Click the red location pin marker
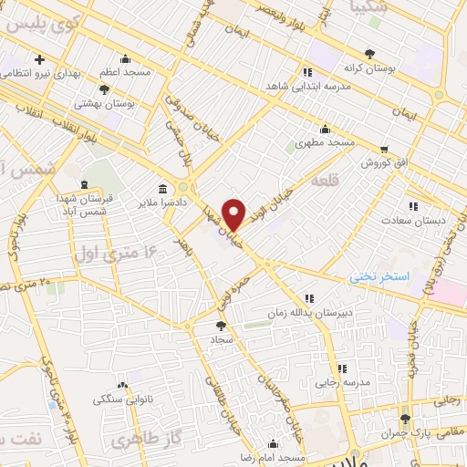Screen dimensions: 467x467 click(233, 213)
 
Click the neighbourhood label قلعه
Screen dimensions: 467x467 click(326, 182)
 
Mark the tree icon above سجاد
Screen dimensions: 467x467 click(220, 324)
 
